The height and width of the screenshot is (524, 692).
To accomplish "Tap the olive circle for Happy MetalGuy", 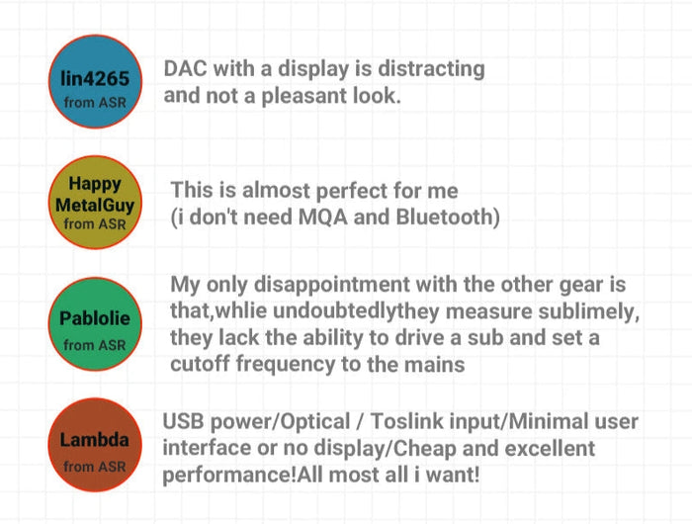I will [x=95, y=203].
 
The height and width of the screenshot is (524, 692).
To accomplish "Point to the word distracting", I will [x=422, y=69].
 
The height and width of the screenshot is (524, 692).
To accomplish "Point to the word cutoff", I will [x=198, y=366].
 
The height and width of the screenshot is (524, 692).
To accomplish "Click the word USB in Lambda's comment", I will [x=184, y=423].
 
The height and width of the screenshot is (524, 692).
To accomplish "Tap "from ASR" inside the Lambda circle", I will [x=95, y=466].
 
